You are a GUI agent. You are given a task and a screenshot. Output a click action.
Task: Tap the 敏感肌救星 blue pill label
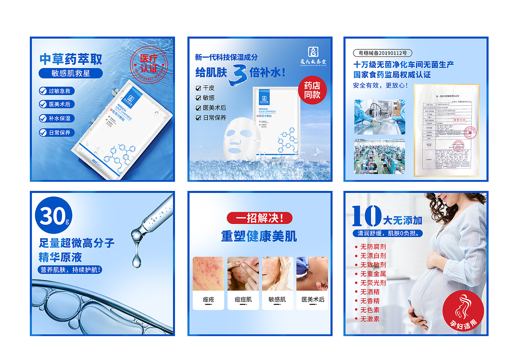point(71,73)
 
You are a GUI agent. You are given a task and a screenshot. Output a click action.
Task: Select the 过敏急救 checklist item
point(55,91)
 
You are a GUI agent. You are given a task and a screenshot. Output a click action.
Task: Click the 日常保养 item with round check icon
point(55,132)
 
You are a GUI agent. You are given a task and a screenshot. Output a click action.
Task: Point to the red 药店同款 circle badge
point(312,90)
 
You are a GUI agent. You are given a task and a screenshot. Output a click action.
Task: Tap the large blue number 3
point(239,74)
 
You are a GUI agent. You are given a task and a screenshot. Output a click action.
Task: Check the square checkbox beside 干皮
point(198,88)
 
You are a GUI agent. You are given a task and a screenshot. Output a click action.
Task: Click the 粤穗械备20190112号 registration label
point(383,53)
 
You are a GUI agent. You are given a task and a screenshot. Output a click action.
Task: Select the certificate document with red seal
point(446,130)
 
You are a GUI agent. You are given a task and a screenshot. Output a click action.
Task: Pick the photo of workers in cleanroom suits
point(380,117)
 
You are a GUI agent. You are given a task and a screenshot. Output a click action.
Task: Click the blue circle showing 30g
point(54,215)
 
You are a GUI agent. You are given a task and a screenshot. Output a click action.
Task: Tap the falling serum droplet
point(136,261)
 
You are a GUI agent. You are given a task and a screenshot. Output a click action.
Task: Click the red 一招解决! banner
point(259,218)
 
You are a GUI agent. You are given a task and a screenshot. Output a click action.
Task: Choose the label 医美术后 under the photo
point(313,300)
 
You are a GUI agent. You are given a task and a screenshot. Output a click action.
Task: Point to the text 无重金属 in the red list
point(373,274)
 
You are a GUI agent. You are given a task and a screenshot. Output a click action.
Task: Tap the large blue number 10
point(366,216)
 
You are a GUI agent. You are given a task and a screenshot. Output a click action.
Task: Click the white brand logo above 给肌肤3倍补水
point(313,52)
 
